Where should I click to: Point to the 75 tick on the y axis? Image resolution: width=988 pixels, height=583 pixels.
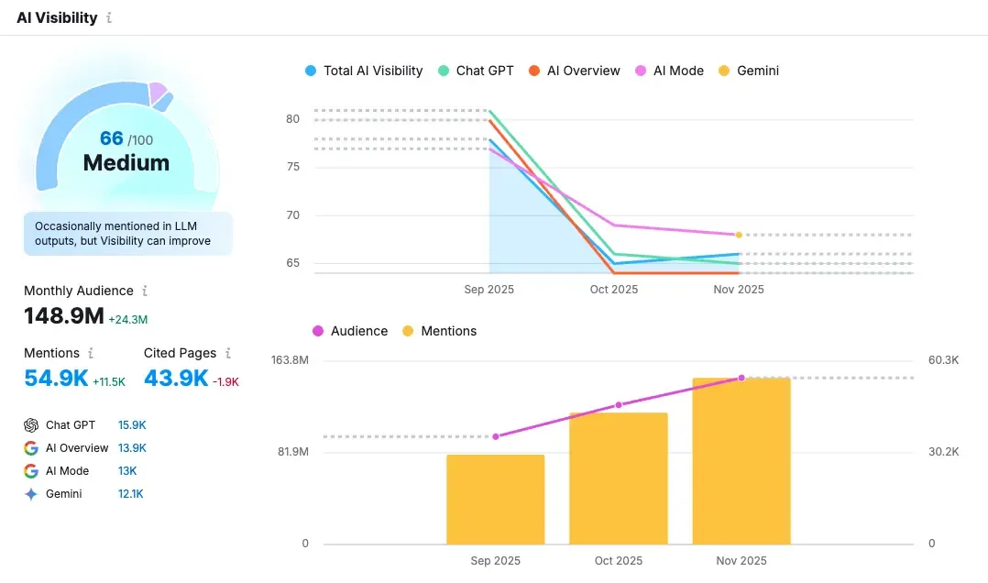(x=292, y=167)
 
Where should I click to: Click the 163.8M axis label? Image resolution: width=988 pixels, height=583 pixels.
(x=290, y=359)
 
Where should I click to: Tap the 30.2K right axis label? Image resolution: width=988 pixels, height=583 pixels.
(x=943, y=452)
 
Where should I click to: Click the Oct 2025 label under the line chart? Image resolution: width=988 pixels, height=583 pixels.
(x=613, y=290)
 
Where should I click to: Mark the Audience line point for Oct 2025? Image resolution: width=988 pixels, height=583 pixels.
(x=619, y=404)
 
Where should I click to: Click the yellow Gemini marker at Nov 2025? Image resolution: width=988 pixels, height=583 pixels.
(x=739, y=235)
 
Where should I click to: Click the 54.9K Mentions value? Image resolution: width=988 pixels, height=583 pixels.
(x=56, y=378)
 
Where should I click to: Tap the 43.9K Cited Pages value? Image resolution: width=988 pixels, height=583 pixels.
(x=176, y=378)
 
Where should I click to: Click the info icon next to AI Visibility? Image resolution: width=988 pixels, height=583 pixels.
(x=109, y=17)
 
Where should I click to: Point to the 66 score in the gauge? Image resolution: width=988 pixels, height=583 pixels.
(x=112, y=138)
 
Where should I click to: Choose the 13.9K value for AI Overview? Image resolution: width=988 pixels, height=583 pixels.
(x=132, y=448)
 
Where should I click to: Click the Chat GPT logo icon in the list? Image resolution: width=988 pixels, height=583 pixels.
(x=31, y=425)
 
